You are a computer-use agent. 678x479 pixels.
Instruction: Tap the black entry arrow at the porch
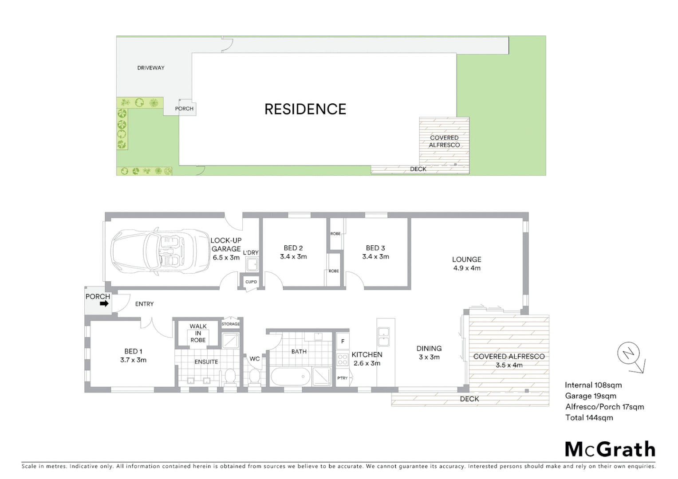[104, 304]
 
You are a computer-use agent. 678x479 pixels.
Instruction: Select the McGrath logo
[610, 449]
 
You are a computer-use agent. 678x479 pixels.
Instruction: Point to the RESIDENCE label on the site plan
[305, 109]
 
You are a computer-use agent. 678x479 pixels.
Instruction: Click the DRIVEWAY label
[151, 68]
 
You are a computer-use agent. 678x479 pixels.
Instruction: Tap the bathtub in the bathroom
[290, 377]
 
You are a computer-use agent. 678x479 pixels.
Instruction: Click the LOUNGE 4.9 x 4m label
[466, 263]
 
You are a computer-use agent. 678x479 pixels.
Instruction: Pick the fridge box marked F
[342, 342]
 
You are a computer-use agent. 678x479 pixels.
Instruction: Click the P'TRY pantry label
[342, 378]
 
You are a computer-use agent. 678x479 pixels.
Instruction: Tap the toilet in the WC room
[254, 377]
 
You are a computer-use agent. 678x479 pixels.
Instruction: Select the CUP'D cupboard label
[251, 282]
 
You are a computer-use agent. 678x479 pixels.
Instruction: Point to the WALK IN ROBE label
[198, 333]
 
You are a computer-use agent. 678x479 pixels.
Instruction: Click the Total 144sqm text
[589, 417]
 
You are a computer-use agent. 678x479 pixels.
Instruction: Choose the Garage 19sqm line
[590, 396]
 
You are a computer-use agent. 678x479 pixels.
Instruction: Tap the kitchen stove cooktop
[342, 359]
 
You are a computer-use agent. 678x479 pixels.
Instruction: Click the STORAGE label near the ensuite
[231, 324]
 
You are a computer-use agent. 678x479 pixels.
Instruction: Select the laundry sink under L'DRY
[252, 265]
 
